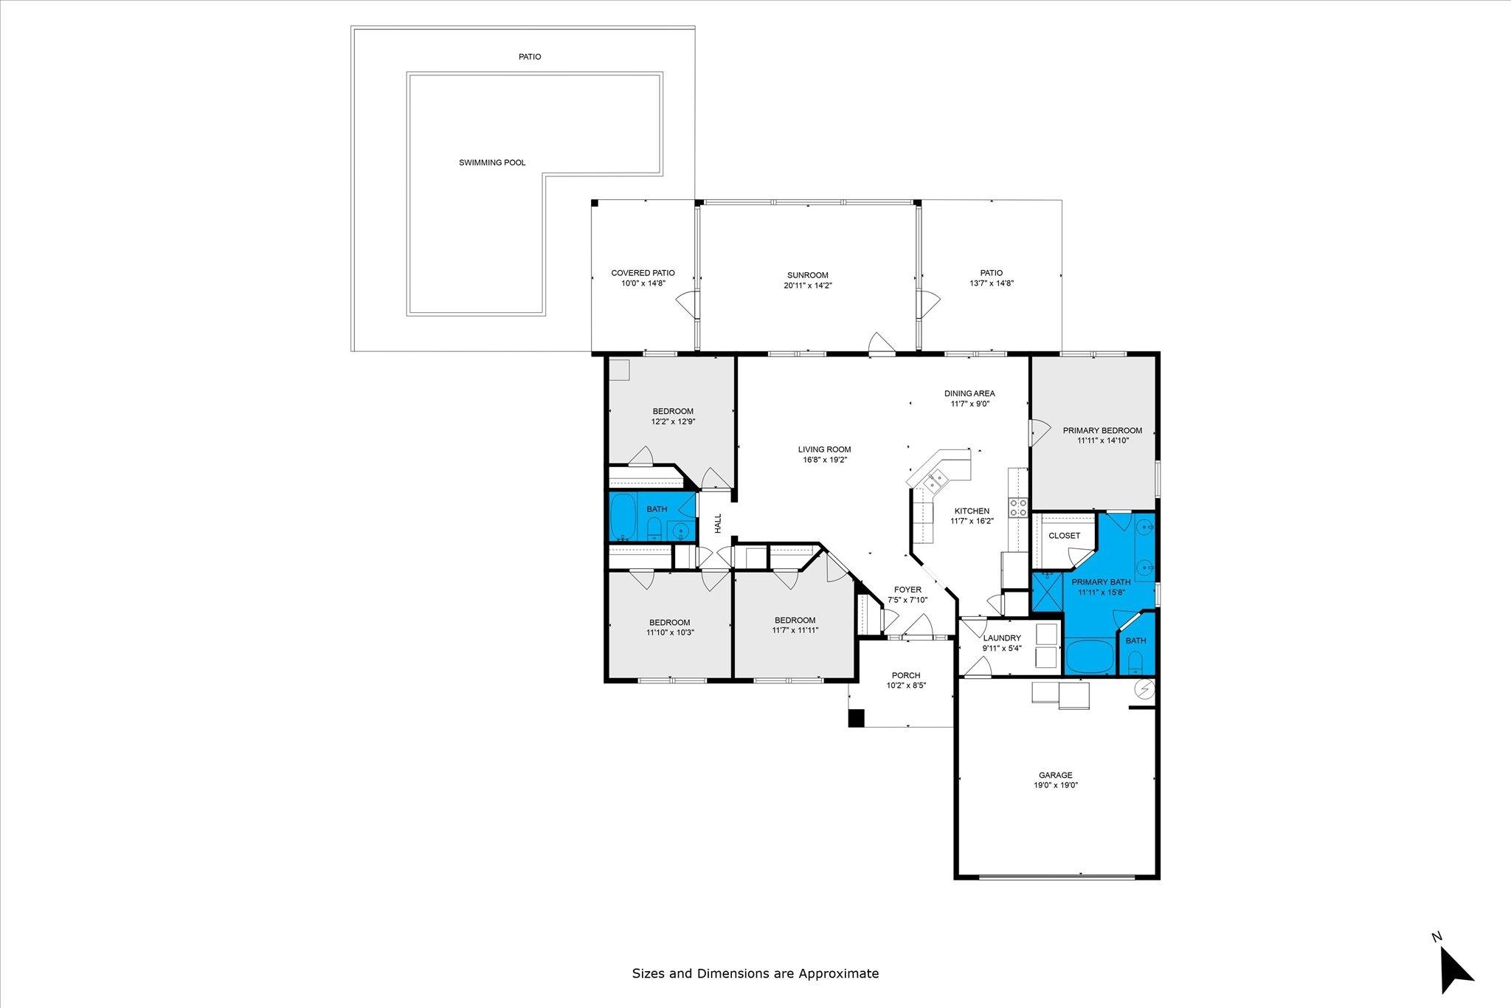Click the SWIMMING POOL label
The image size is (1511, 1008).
point(492,162)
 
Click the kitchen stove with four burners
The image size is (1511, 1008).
point(1019,508)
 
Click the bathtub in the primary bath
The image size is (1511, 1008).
point(1090,657)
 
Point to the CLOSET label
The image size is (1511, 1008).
point(1064,536)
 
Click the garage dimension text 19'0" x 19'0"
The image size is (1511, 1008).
point(1055,786)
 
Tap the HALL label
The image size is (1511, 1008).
point(718,524)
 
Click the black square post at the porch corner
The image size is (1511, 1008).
point(856,718)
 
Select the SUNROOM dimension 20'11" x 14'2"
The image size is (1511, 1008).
point(807,286)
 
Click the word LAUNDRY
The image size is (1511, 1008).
point(1001,638)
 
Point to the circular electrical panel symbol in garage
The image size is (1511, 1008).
point(1144,688)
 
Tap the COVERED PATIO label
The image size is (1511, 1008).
point(643,273)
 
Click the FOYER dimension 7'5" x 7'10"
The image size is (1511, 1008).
point(907,600)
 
